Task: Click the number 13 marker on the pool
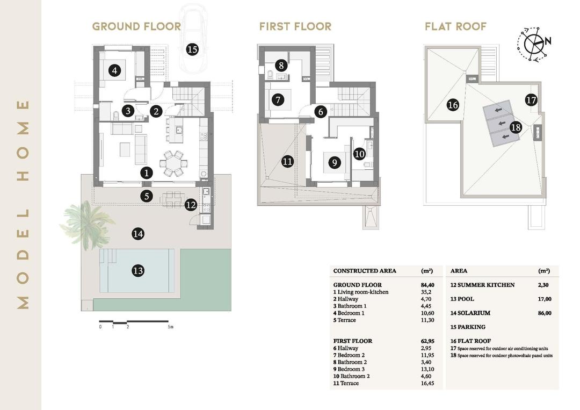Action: pos(138,270)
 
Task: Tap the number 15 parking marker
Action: pos(192,49)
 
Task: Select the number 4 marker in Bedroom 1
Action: pos(113,70)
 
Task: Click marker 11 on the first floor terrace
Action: pos(287,161)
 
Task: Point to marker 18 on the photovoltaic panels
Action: pos(516,127)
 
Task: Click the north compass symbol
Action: pos(533,42)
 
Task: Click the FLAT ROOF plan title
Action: pos(455,26)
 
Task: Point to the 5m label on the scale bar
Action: pos(170,326)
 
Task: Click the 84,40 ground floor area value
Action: pos(427,285)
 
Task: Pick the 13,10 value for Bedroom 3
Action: pos(427,369)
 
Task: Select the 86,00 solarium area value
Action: pos(543,313)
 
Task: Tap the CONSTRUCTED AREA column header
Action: pos(365,271)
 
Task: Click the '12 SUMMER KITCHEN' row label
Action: pos(482,285)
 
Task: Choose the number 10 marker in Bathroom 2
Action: pos(359,153)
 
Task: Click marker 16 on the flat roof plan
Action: pos(453,105)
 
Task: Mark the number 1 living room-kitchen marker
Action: pos(146,172)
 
